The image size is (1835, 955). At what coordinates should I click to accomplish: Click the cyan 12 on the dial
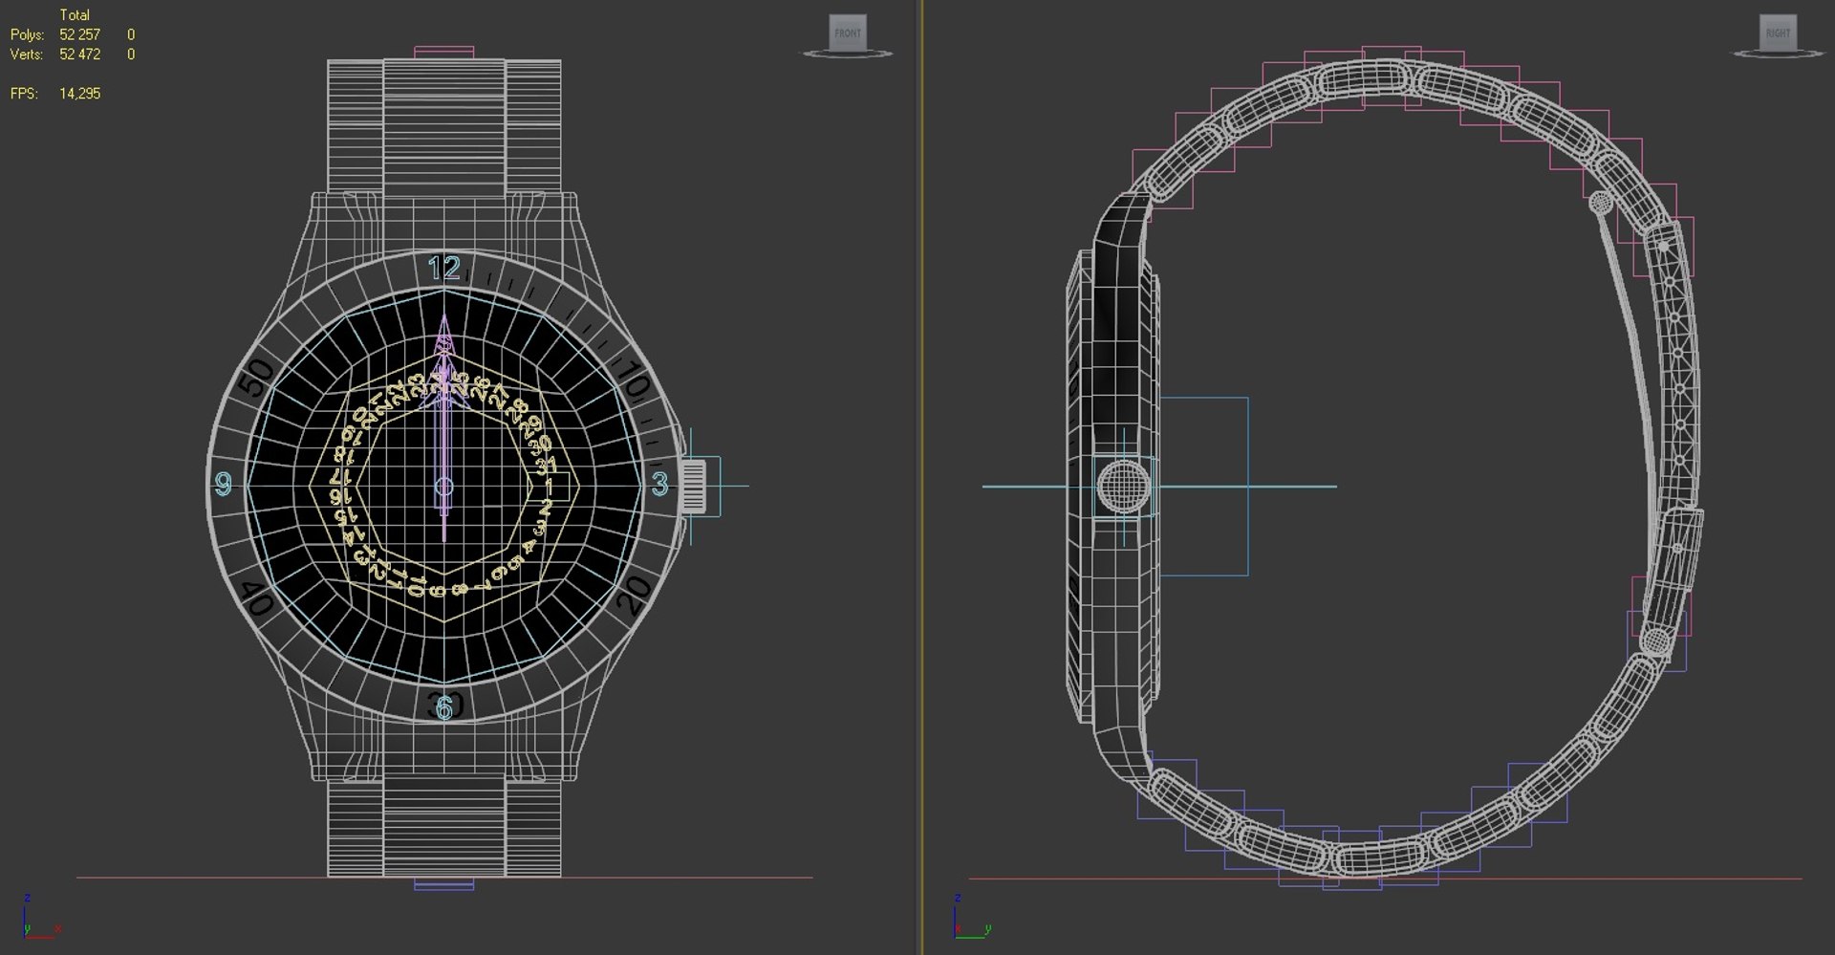click(444, 268)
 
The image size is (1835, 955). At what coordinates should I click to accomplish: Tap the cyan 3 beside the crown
click(659, 485)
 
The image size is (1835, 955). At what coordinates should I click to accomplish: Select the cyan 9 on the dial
click(224, 485)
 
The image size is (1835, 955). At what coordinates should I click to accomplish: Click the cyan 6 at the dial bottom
click(444, 708)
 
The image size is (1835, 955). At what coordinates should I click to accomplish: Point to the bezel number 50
click(256, 378)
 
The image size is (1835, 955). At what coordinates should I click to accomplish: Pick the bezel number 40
click(256, 599)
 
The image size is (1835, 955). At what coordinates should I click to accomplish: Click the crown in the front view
click(694, 486)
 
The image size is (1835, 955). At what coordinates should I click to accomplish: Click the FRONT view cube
click(847, 33)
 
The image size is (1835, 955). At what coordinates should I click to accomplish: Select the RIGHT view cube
click(1778, 33)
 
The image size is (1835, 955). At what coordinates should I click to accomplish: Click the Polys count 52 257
click(79, 34)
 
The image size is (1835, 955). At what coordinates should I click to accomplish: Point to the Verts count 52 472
click(79, 54)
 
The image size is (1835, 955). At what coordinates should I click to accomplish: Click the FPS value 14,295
click(79, 94)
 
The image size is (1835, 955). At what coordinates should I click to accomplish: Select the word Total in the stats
click(75, 15)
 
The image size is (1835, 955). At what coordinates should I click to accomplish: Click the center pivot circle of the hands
click(443, 487)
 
